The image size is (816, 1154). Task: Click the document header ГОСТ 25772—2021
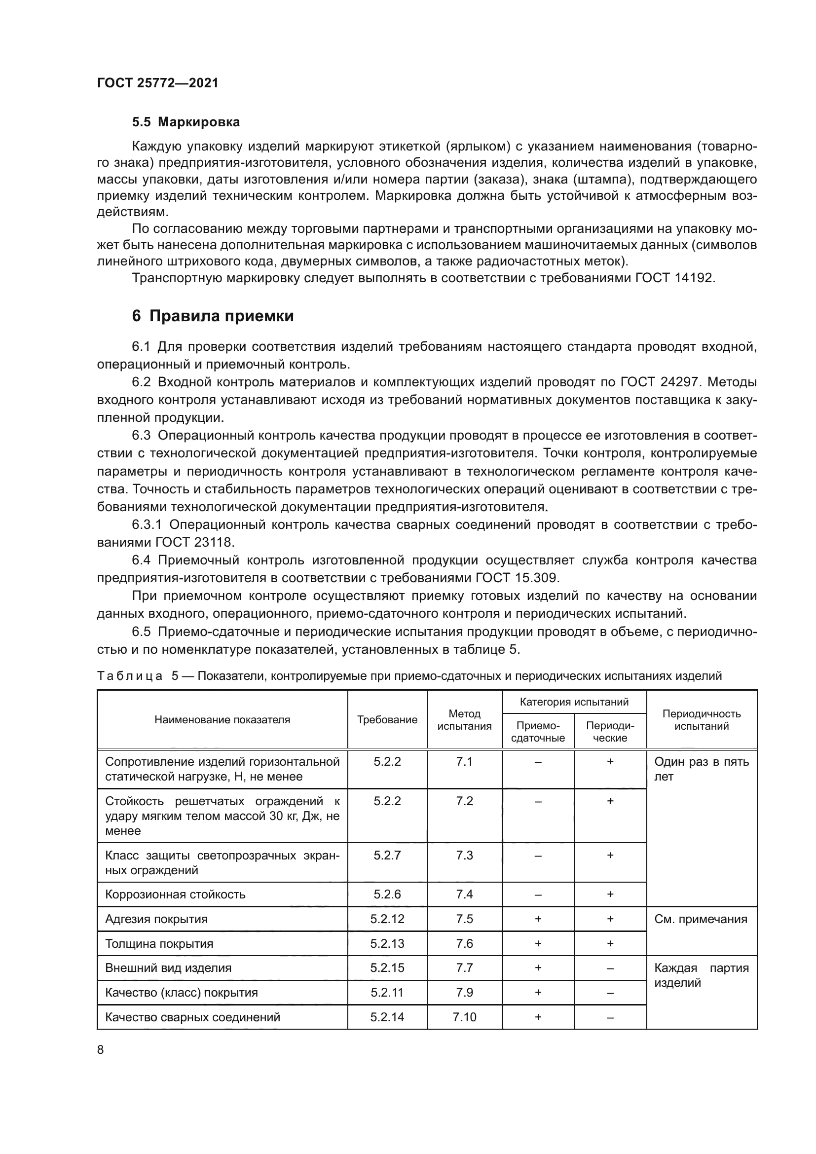(x=158, y=83)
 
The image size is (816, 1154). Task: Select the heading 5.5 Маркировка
(x=185, y=122)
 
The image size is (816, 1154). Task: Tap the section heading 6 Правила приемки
(x=213, y=316)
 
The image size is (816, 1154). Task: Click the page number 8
(x=101, y=1049)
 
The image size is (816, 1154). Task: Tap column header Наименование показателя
(x=222, y=720)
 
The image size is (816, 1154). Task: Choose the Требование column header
(x=387, y=720)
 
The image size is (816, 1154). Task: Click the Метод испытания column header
(x=464, y=720)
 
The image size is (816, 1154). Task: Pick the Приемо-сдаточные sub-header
(x=538, y=732)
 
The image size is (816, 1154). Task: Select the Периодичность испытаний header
(x=702, y=720)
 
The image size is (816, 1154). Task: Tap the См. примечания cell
(x=701, y=919)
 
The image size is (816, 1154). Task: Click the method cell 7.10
(x=464, y=1017)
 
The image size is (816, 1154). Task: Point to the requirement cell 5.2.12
(x=387, y=919)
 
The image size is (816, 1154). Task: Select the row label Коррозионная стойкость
(x=175, y=894)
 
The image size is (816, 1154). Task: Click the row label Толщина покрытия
(x=159, y=944)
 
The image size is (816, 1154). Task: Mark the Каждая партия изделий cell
(x=702, y=975)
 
